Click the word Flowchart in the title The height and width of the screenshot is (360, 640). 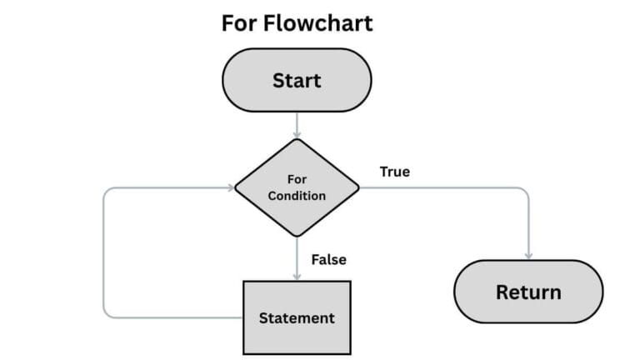coord(319,22)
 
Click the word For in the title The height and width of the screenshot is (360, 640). coord(241,22)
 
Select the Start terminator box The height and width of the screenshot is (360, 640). coord(296,81)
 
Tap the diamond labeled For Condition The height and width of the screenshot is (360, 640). coord(297,187)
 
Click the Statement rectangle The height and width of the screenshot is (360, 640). coord(297,317)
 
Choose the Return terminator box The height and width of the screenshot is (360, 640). coord(527,292)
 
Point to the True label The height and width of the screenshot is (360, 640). coord(394,172)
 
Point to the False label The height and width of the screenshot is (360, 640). coord(328,259)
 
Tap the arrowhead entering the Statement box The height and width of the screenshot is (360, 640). coord(297,277)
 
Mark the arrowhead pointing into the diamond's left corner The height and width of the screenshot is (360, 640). coord(231,187)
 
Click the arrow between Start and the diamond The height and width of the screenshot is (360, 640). coord(297,124)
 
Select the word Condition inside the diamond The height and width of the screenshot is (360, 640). coord(297,196)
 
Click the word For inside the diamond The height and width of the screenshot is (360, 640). coord(297,179)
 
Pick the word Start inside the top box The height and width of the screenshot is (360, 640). coord(296,81)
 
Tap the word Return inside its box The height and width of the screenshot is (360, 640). coord(527,292)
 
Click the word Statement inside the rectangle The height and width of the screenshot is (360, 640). coord(297,317)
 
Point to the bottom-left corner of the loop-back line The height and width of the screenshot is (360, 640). coord(105,316)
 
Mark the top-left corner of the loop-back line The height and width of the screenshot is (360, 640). coord(105,189)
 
